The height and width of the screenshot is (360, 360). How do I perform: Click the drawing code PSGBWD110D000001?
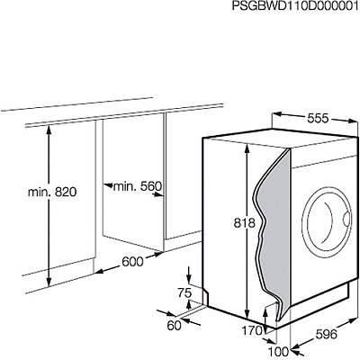[x=295, y=6]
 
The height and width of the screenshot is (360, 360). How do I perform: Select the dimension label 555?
[x=318, y=119]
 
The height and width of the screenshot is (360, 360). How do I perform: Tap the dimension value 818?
[x=245, y=223]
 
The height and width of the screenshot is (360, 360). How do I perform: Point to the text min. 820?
[x=52, y=192]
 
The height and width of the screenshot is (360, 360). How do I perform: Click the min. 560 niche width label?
[x=138, y=186]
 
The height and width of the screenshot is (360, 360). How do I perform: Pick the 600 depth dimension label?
[x=132, y=262]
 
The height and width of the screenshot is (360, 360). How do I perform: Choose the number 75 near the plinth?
[x=184, y=292]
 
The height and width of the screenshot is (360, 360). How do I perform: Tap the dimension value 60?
[x=175, y=326]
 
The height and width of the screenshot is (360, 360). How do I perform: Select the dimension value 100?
[x=278, y=351]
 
